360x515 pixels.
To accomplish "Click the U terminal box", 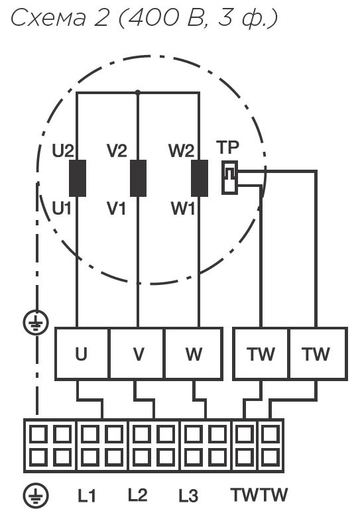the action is (82, 353).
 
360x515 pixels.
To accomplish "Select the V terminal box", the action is (137, 353).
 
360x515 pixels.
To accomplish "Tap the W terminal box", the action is (194, 353).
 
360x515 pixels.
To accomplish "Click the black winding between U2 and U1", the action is (78, 178).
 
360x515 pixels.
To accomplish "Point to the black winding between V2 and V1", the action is (139, 178).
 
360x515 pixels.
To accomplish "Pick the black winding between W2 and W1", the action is (200, 178).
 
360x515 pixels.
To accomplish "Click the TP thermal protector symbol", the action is (229, 178).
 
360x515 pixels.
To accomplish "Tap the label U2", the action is (63, 150).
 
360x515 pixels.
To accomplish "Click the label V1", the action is (116, 208).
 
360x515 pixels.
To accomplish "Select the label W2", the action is (181, 150).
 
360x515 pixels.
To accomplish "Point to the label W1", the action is (182, 208).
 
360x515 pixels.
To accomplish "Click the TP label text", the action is (227, 147).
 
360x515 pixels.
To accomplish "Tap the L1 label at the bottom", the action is (87, 496).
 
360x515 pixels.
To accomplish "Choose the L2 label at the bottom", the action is (138, 495).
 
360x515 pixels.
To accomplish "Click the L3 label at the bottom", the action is (188, 496).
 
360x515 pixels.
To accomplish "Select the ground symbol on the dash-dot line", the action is (36, 323).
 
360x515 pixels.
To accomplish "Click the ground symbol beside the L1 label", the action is (36, 495).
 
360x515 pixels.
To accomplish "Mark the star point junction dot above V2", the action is (138, 93).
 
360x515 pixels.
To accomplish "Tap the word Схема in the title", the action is (48, 18).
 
